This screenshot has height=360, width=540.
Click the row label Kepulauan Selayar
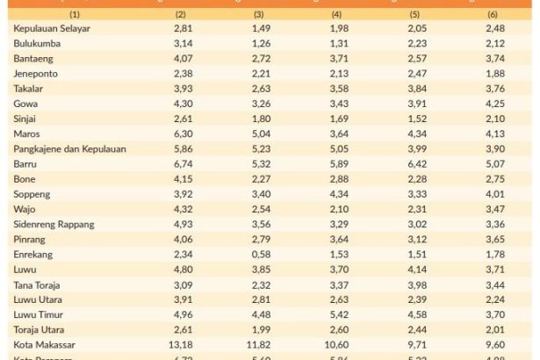point(53,29)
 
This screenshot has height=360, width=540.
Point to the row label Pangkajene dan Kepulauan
point(70,149)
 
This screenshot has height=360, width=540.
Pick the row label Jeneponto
point(37,74)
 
